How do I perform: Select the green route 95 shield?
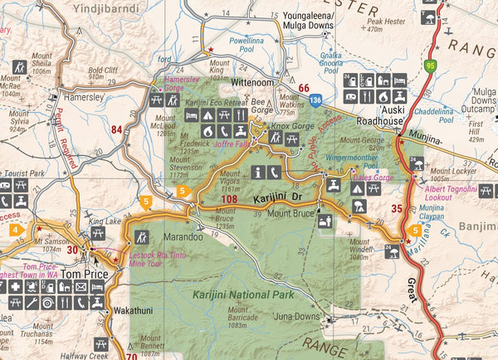430,64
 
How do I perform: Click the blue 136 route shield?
315,100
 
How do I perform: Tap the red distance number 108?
230,200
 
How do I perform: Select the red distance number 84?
116,129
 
